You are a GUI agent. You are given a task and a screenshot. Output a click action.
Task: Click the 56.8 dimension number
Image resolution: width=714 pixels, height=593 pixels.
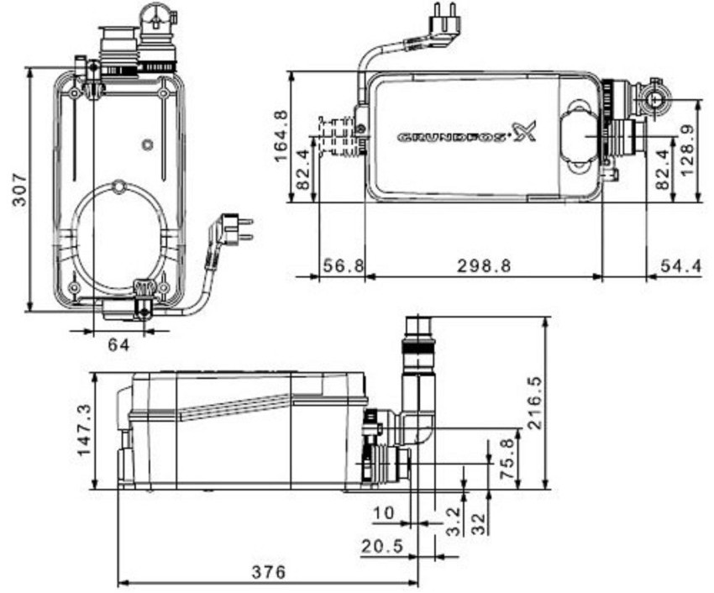343,265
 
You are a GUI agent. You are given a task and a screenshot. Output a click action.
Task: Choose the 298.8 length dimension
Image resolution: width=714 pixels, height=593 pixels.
484,265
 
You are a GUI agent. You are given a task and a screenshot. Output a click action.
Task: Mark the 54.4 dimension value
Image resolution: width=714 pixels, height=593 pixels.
680,265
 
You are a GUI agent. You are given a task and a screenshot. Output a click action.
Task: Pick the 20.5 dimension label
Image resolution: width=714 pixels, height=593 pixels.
382,546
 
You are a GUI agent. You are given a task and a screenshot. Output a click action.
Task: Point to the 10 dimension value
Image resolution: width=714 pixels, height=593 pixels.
383,511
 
